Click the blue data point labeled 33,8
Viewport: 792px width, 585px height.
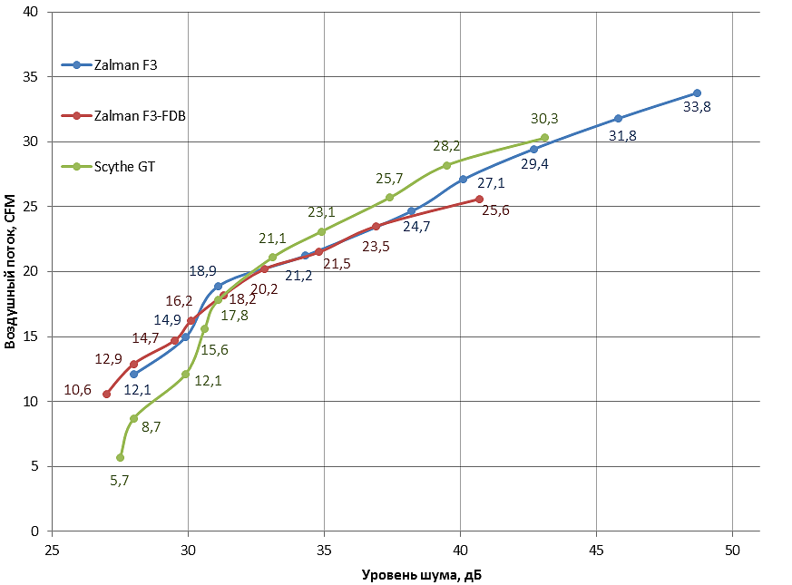pos(697,93)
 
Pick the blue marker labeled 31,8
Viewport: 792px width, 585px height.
pos(618,119)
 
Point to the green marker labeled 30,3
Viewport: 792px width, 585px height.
pos(544,138)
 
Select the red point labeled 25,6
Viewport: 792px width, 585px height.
pos(479,199)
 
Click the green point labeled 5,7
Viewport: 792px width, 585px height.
pos(120,458)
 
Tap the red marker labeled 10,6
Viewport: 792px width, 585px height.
pos(106,394)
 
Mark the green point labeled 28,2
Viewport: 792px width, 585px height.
pos(446,165)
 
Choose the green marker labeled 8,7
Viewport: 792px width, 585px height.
pos(133,418)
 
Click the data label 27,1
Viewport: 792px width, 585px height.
pos(491,183)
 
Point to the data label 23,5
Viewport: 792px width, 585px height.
pos(376,246)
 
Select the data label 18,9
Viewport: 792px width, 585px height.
pos(202,270)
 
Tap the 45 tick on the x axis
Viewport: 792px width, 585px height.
pos(596,550)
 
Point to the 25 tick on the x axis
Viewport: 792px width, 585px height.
pos(52,550)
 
